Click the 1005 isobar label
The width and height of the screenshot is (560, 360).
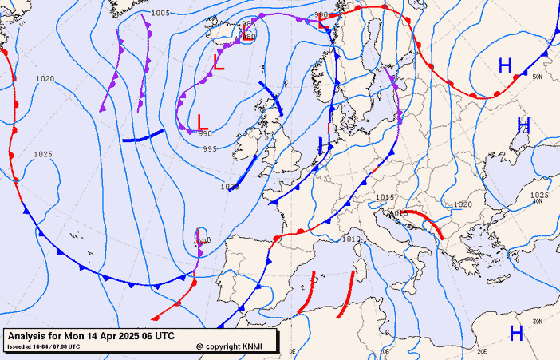coord(160,14)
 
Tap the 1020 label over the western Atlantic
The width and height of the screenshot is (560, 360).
coord(45,79)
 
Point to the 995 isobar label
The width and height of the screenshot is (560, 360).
coord(210,149)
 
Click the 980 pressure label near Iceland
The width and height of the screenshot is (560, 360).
coord(249,37)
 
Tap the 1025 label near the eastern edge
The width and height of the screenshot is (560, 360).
coord(539,196)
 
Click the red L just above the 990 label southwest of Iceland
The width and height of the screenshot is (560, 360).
coord(202,121)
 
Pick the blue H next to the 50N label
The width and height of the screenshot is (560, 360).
coord(505,66)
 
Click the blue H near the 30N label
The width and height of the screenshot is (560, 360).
coord(516,333)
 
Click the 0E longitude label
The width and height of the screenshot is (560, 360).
coord(292,351)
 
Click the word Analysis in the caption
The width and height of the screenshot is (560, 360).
coord(30,335)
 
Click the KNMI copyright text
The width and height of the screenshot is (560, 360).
coord(239,346)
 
